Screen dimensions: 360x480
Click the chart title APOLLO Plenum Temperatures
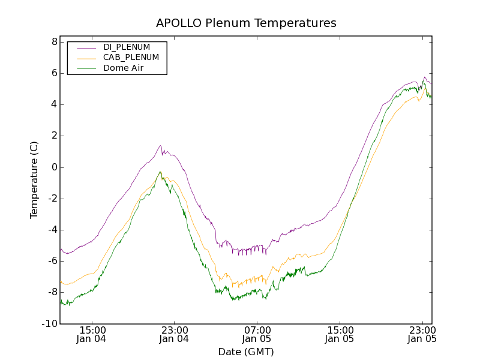point(246,23)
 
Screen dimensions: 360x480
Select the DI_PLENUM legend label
point(127,47)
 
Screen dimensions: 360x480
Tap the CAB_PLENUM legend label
point(131,58)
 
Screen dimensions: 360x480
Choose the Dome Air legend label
point(124,68)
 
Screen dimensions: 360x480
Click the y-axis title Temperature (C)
point(34,180)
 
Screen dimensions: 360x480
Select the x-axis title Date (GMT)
point(246,352)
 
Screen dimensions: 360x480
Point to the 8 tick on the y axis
point(54,42)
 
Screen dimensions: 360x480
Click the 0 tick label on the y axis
point(54,167)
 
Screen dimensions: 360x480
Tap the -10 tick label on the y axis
point(50,324)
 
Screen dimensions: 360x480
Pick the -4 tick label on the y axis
point(52,230)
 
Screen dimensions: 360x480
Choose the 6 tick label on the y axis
point(54,73)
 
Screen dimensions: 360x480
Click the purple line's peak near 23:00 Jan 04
point(160,145)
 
